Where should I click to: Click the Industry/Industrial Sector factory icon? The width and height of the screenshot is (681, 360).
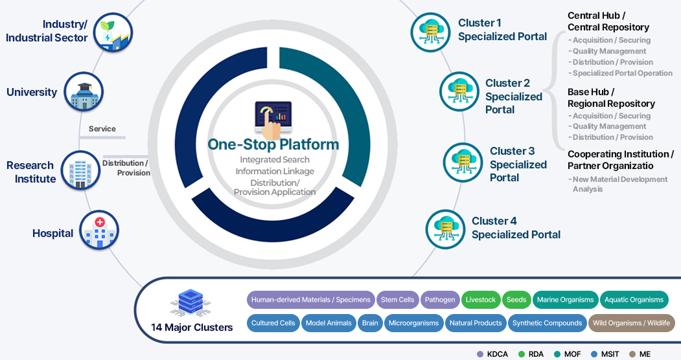click(113, 32)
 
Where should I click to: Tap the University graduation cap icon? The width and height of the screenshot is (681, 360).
click(84, 91)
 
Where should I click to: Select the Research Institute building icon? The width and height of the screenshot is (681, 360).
click(80, 170)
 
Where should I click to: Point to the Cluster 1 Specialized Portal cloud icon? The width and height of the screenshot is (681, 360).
click(430, 32)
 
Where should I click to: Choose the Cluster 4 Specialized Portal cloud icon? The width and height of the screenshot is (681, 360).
click(445, 229)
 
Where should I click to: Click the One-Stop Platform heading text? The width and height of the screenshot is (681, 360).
click(273, 144)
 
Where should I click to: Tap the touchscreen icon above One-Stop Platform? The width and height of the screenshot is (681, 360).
click(273, 118)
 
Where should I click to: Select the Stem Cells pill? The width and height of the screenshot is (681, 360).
click(397, 300)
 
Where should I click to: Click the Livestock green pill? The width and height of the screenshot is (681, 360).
click(480, 300)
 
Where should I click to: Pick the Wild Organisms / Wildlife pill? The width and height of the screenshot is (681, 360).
click(631, 323)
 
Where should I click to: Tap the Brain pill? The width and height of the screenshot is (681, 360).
click(370, 323)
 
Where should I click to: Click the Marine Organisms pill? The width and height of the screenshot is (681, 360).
click(565, 300)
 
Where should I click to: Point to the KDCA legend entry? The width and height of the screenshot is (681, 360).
click(493, 354)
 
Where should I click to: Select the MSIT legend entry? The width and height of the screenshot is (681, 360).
click(605, 354)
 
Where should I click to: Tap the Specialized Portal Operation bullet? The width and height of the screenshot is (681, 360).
click(621, 73)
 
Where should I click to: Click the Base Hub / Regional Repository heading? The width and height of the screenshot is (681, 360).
click(610, 98)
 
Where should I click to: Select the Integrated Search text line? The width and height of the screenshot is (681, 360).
click(275, 159)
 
